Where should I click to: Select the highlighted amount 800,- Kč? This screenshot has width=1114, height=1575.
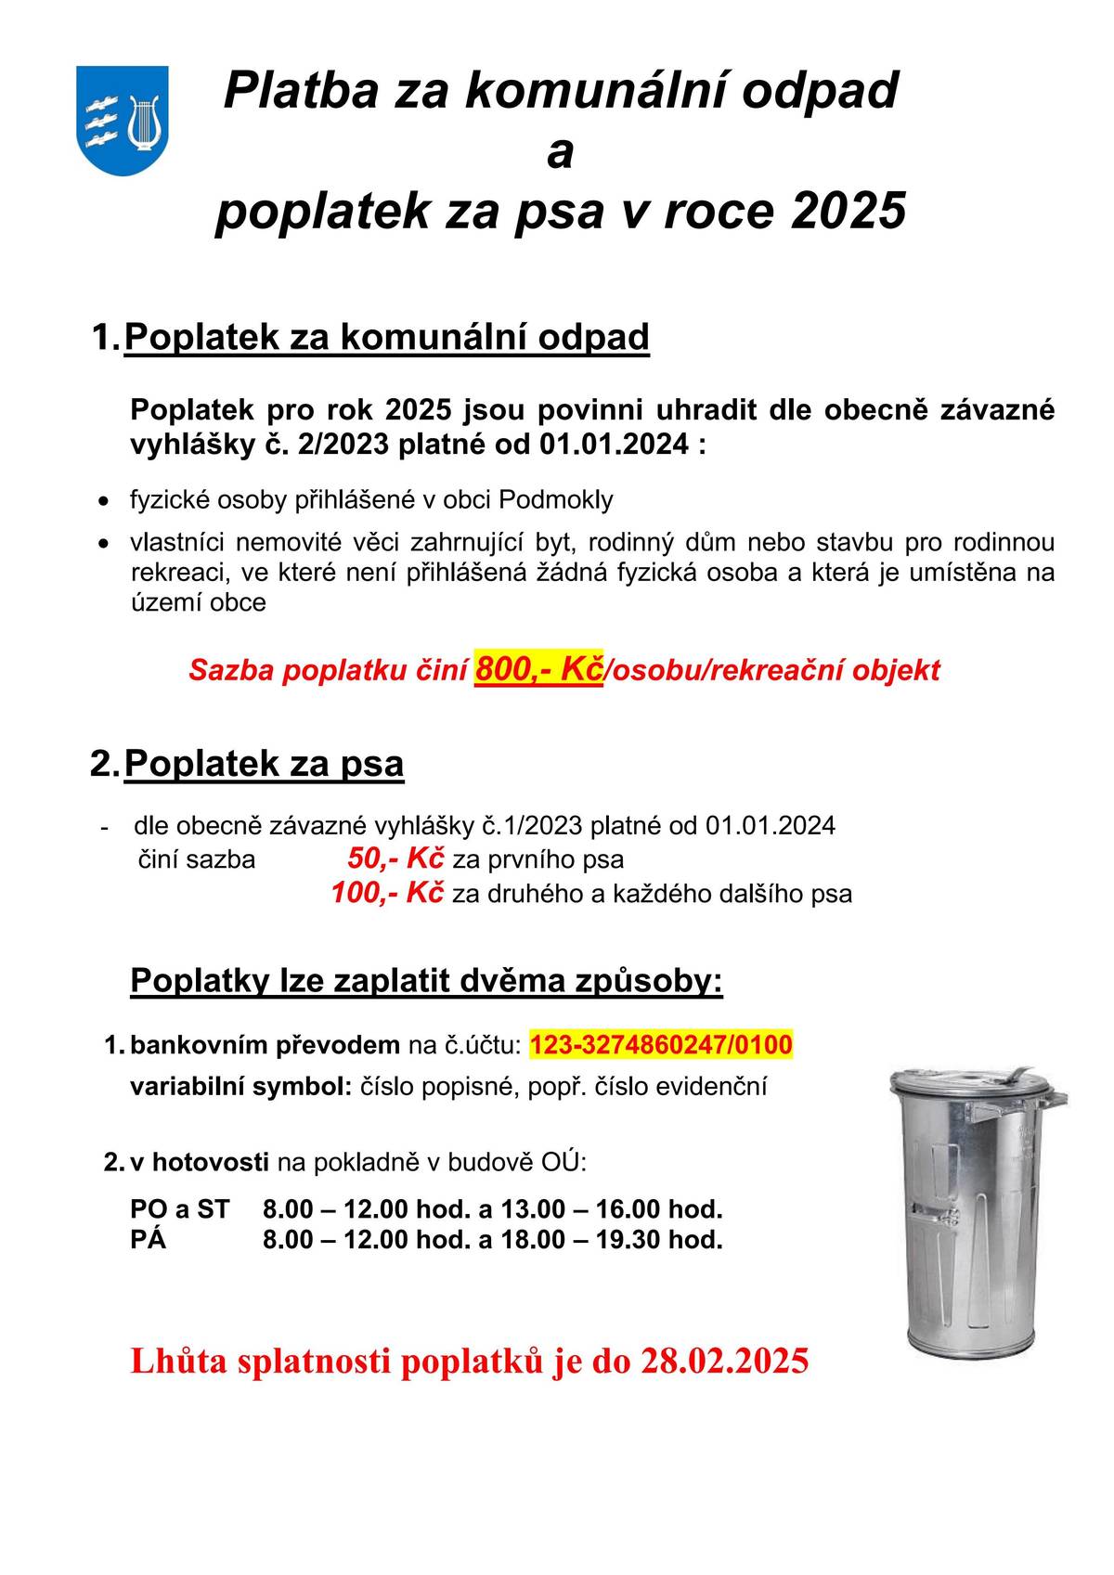pyautogui.click(x=538, y=668)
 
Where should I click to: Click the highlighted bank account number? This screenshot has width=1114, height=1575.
pyautogui.click(x=661, y=1045)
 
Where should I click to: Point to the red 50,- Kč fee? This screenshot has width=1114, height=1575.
pyautogui.click(x=395, y=859)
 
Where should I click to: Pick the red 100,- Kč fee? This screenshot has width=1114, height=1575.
pyautogui.click(x=387, y=893)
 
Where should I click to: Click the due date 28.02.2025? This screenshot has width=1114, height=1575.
pyautogui.click(x=724, y=1361)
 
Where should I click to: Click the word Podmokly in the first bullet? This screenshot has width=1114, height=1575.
pyautogui.click(x=556, y=499)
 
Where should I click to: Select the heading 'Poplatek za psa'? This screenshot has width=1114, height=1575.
pyautogui.click(x=264, y=763)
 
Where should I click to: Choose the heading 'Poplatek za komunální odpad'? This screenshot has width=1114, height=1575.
pyautogui.click(x=386, y=337)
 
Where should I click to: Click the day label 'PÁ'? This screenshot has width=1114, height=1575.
pyautogui.click(x=149, y=1239)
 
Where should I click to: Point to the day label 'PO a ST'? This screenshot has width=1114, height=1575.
pyautogui.click(x=179, y=1209)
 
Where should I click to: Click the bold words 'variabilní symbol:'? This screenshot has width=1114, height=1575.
pyautogui.click(x=240, y=1086)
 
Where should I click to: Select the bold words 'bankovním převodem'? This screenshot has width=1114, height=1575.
pyautogui.click(x=265, y=1045)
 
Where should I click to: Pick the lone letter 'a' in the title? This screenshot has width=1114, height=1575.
pyautogui.click(x=560, y=153)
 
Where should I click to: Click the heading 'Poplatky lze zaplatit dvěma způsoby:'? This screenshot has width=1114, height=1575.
pyautogui.click(x=426, y=980)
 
